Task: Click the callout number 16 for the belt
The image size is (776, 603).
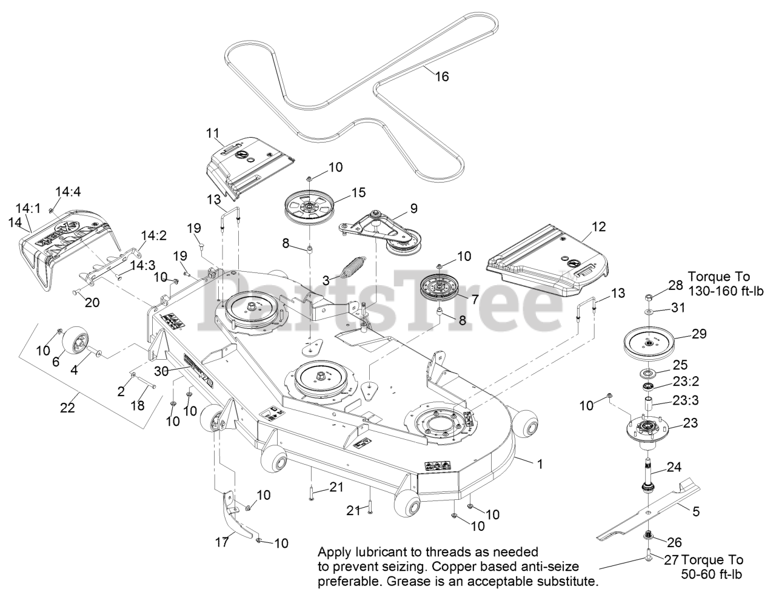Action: click(443, 76)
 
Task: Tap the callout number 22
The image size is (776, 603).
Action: click(67, 408)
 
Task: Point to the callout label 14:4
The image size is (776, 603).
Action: click(68, 192)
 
